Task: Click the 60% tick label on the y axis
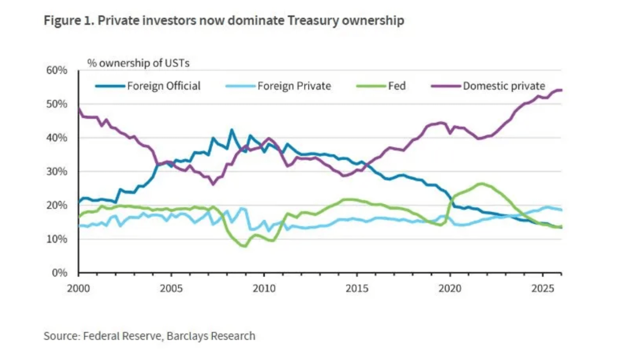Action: click(57, 71)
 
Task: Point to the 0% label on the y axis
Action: click(60, 273)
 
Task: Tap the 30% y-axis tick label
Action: click(57, 172)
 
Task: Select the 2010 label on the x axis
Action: click(264, 289)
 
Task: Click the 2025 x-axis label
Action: click(542, 289)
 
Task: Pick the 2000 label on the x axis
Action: click(78, 289)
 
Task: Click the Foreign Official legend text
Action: click(164, 86)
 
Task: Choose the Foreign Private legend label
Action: click(294, 86)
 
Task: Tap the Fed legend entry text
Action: click(397, 86)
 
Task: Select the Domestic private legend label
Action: click(504, 86)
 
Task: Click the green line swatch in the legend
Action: click(371, 86)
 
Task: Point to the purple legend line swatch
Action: click(446, 86)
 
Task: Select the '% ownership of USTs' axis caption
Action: click(138, 63)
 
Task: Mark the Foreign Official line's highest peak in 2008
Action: click(232, 130)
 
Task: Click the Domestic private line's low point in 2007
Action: click(213, 184)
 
